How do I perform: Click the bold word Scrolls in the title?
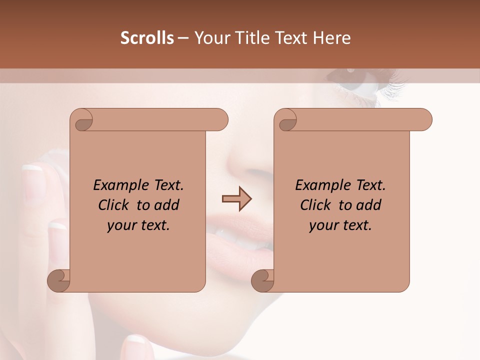[147, 38]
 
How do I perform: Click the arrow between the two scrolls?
[236, 198]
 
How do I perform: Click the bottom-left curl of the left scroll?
[58, 280]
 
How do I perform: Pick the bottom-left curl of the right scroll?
[262, 280]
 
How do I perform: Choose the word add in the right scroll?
[369, 205]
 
